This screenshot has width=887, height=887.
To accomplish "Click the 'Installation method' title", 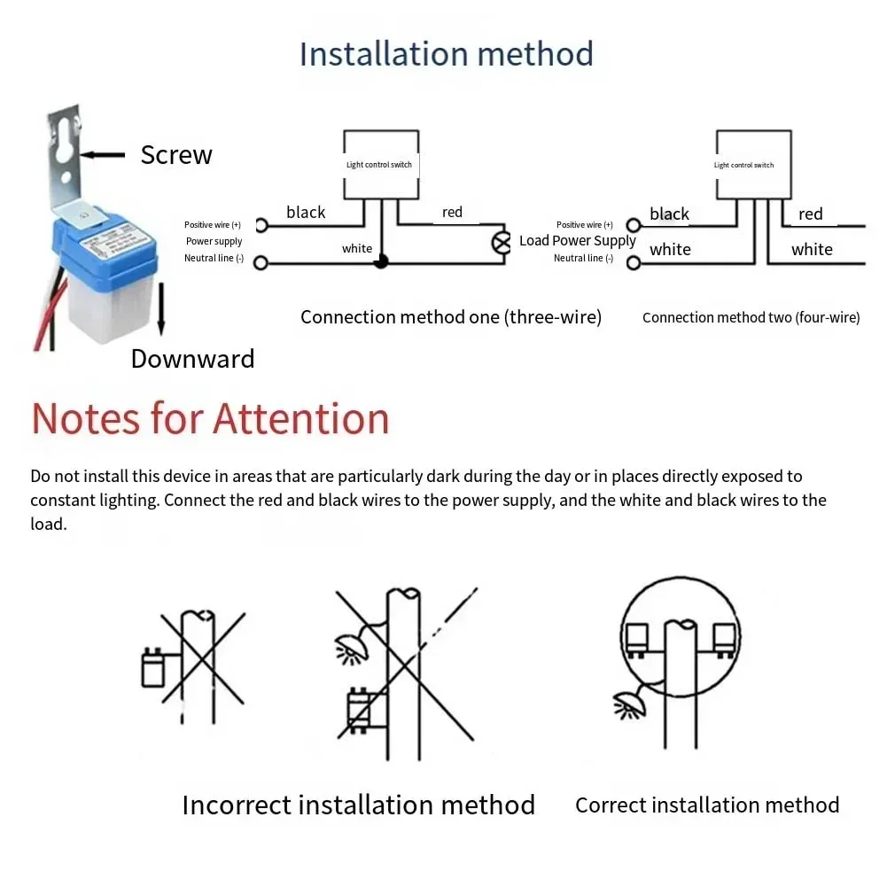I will pyautogui.click(x=446, y=54).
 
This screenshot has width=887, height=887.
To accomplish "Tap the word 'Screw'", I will pyautogui.click(x=176, y=155).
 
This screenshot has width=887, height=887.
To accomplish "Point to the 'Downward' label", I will pyautogui.click(x=192, y=359).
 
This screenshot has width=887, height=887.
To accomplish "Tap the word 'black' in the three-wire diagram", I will pyautogui.click(x=306, y=213).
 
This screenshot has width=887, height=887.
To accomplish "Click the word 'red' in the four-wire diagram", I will pyautogui.click(x=810, y=214).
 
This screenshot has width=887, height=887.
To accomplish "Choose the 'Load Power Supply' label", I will pyautogui.click(x=578, y=241).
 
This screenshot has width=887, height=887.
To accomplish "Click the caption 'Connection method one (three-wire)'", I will pyautogui.click(x=451, y=317).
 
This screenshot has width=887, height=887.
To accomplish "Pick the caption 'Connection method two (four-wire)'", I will pyautogui.click(x=751, y=317).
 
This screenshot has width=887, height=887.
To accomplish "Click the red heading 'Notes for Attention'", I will pyautogui.click(x=210, y=418).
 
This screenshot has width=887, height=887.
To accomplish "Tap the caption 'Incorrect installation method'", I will pyautogui.click(x=358, y=805).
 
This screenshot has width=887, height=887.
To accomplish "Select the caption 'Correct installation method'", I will pyautogui.click(x=707, y=805).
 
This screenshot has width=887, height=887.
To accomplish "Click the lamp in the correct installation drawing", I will pyautogui.click(x=628, y=704).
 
